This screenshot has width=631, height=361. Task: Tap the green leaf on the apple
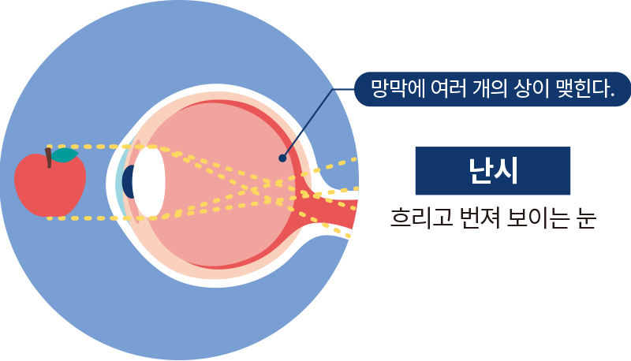(65, 155)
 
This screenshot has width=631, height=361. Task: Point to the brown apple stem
(49, 158)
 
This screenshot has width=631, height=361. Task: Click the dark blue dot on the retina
(282, 158)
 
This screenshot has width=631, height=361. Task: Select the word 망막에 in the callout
(392, 87)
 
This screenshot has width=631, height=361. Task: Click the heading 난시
(492, 170)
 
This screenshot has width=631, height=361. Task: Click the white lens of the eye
(148, 181)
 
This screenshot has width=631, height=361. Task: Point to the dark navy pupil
(127, 181)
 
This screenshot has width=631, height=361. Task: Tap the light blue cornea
(119, 181)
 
